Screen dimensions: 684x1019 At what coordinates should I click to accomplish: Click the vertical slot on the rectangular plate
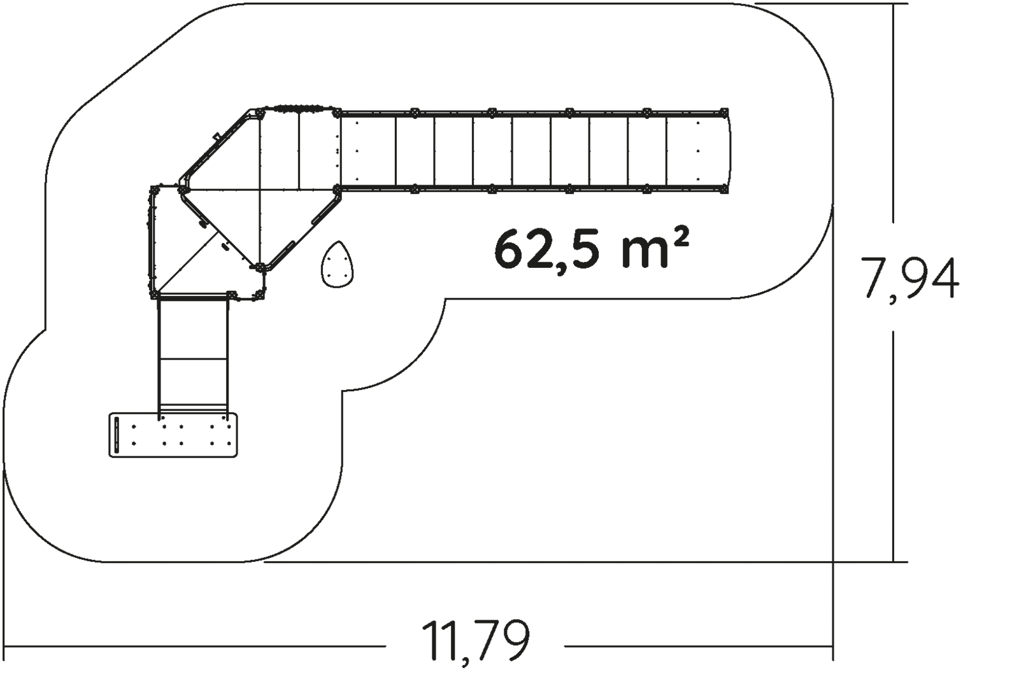pyautogui.click(x=117, y=435)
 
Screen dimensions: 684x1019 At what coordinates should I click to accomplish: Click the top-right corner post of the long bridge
pyautogui.click(x=723, y=113)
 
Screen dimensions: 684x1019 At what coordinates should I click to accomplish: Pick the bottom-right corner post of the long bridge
pyautogui.click(x=723, y=189)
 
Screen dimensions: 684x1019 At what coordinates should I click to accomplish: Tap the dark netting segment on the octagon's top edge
pyautogui.click(x=297, y=109)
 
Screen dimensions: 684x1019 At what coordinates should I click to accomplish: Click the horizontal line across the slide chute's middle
pyautogui.click(x=193, y=359)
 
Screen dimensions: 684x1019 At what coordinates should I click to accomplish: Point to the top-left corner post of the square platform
pyautogui.click(x=155, y=189)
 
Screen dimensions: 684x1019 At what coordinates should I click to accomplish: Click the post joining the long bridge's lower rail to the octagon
pyautogui.click(x=337, y=189)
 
